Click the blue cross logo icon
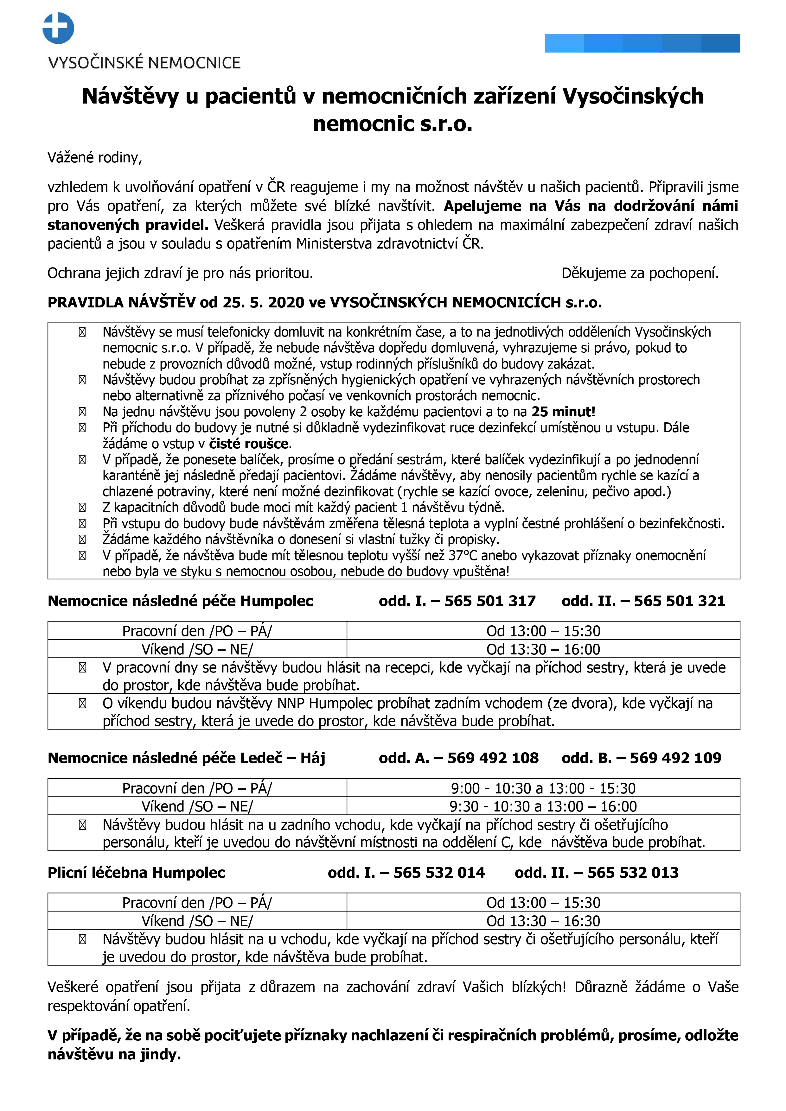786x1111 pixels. tap(58, 28)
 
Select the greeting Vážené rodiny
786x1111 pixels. tap(94, 158)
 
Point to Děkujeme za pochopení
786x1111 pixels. tap(640, 273)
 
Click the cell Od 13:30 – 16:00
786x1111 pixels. tap(543, 649)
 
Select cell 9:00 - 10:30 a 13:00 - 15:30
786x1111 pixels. tap(543, 788)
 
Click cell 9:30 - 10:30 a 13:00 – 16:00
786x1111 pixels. tap(543, 807)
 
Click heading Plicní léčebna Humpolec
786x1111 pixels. tap(136, 873)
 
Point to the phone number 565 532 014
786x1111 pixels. tap(439, 873)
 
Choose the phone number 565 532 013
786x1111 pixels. tap(632, 873)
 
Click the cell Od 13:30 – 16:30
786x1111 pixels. tap(543, 921)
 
